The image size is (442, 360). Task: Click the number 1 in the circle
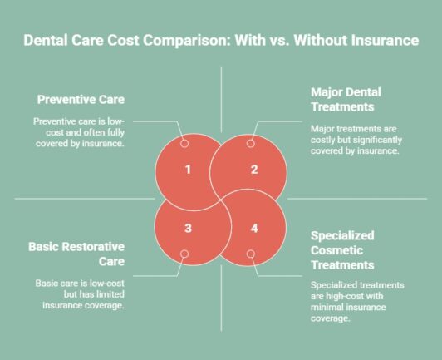[x=189, y=170]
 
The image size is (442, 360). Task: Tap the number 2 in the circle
[x=254, y=170]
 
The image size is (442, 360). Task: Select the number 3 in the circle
[x=189, y=227]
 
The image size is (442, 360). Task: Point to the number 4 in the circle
[x=254, y=227]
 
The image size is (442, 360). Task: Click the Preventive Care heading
[x=81, y=100]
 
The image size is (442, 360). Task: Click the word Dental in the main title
[x=46, y=39]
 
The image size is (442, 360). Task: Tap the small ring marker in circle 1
[x=184, y=143]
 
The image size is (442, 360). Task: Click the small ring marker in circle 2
[x=251, y=143]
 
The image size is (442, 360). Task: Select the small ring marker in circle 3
[x=184, y=254]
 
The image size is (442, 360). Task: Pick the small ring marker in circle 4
[x=251, y=254]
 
